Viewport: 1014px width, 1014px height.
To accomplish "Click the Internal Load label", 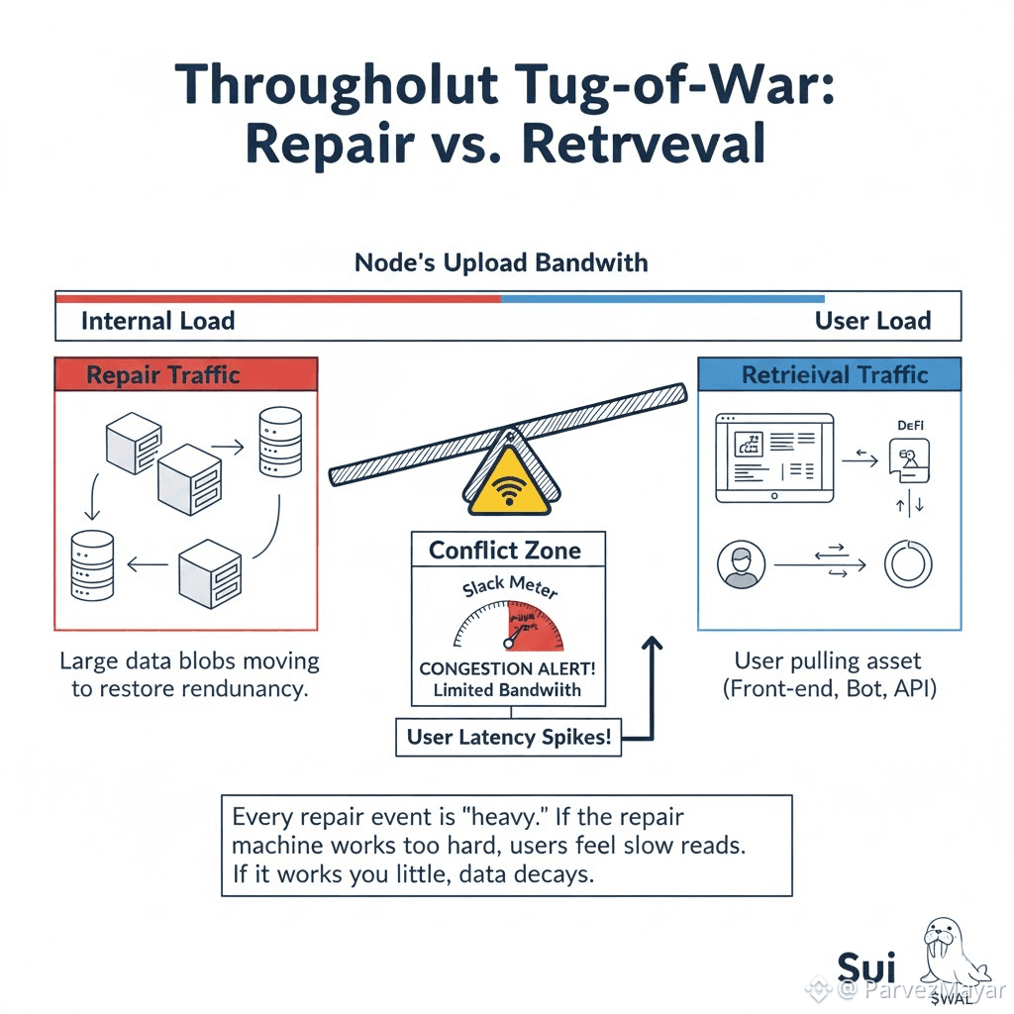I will [x=157, y=321].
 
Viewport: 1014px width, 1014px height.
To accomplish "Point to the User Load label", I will [x=872, y=321].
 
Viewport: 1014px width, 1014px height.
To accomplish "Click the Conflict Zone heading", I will [x=505, y=551].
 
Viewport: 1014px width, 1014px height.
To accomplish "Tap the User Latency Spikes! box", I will [x=508, y=738].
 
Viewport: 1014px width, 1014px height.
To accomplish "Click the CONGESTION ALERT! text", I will [x=507, y=669].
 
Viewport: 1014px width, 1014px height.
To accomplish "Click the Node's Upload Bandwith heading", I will [x=501, y=263].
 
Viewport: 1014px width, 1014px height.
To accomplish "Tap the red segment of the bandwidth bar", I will [x=277, y=297].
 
